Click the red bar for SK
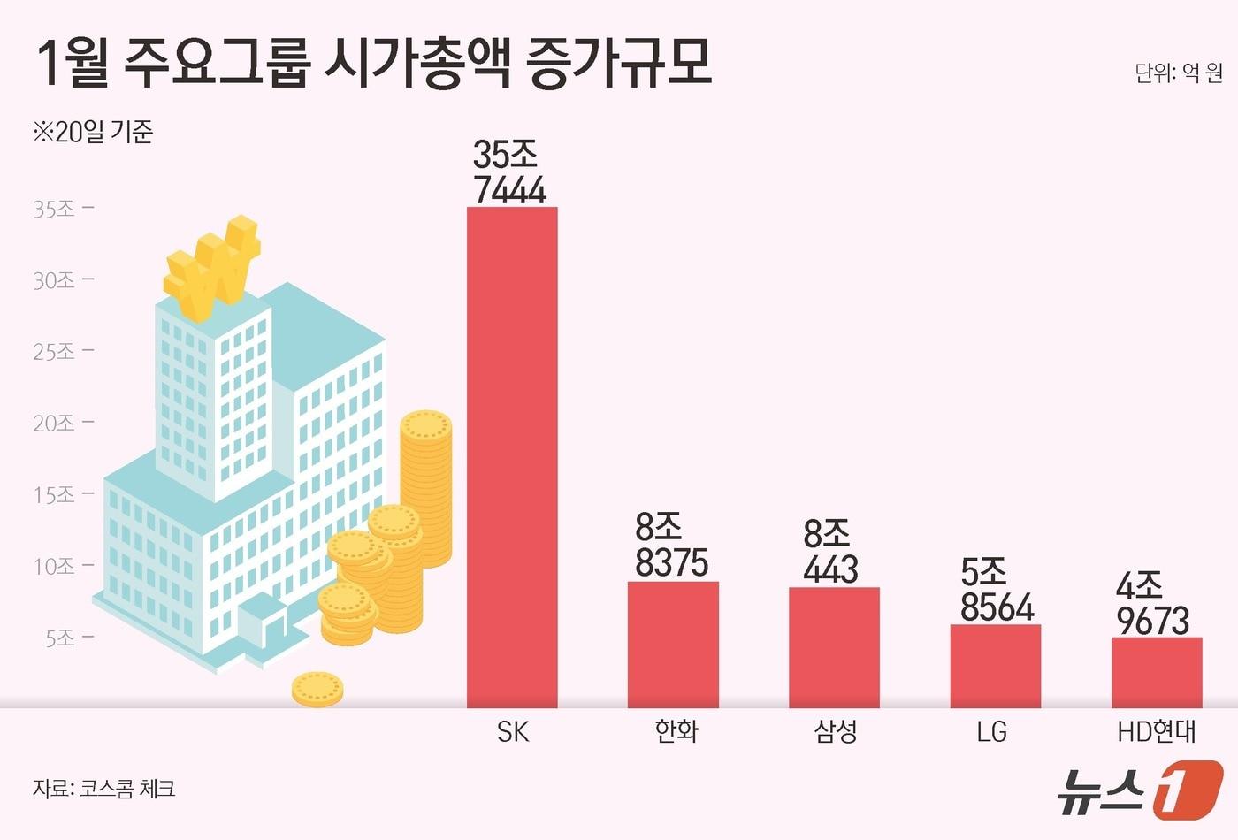(512, 457)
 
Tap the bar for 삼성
(834, 647)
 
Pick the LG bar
(995, 666)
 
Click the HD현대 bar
(1156, 672)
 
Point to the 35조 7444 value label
(509, 172)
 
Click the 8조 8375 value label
(671, 546)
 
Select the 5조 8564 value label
(997, 590)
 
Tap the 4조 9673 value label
(1152, 603)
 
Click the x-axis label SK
(513, 732)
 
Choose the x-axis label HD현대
(1157, 732)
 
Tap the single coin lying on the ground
(317, 689)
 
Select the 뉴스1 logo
(1141, 788)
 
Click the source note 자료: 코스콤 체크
(104, 788)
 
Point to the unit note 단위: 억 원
(1178, 73)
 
